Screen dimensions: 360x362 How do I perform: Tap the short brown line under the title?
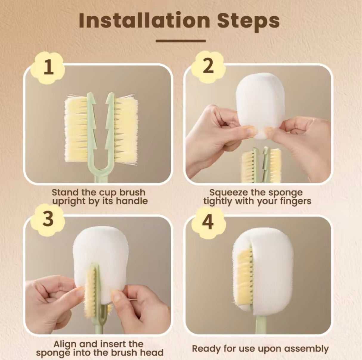coord(181,41)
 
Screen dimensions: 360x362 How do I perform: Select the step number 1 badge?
coord(49,68)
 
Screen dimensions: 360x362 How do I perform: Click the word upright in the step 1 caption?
coord(69,201)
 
